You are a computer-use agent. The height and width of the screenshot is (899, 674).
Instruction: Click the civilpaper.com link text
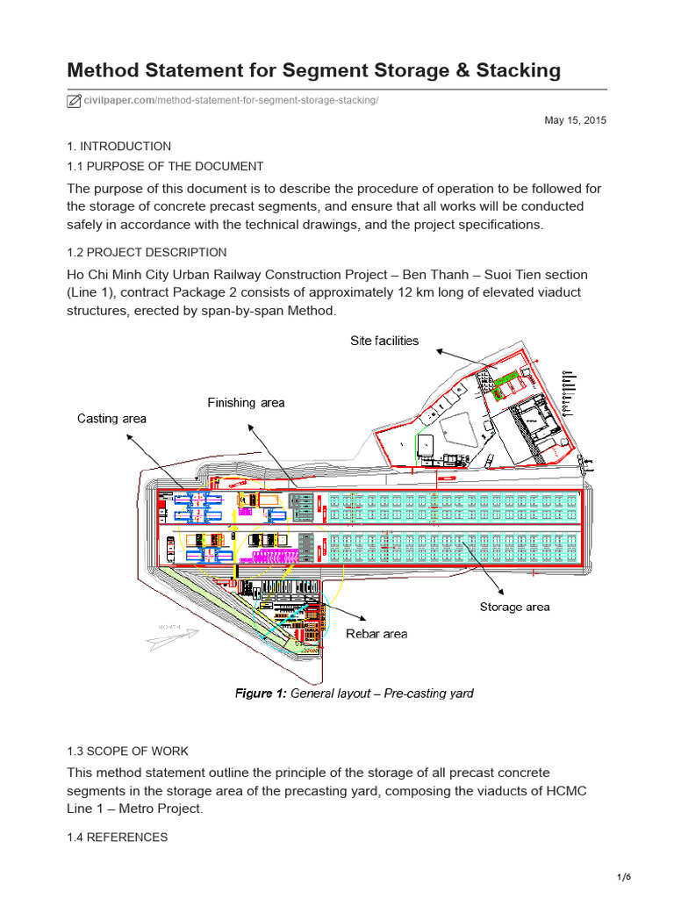tap(119, 100)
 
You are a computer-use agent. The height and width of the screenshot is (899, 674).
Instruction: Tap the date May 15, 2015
tap(576, 120)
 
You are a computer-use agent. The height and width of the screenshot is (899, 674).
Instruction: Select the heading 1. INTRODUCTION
tap(119, 147)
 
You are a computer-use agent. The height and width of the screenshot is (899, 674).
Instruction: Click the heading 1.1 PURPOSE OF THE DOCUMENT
tap(165, 166)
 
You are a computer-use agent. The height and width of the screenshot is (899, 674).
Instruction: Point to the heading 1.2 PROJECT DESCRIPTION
tap(147, 252)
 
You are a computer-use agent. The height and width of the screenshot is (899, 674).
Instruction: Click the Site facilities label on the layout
tap(384, 341)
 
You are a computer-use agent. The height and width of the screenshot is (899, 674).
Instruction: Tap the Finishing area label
tap(246, 403)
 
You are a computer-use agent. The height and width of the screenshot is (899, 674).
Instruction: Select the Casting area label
tap(111, 419)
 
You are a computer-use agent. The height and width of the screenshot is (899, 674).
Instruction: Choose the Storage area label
tap(514, 607)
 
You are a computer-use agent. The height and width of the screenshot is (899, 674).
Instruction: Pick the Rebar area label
tap(376, 634)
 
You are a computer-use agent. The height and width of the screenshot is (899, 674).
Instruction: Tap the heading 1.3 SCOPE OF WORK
tap(127, 751)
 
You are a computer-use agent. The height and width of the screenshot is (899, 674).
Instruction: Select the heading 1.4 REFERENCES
tap(118, 837)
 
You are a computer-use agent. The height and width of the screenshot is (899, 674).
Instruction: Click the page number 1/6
tap(649, 877)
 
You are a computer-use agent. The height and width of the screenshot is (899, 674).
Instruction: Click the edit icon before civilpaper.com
tap(75, 100)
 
